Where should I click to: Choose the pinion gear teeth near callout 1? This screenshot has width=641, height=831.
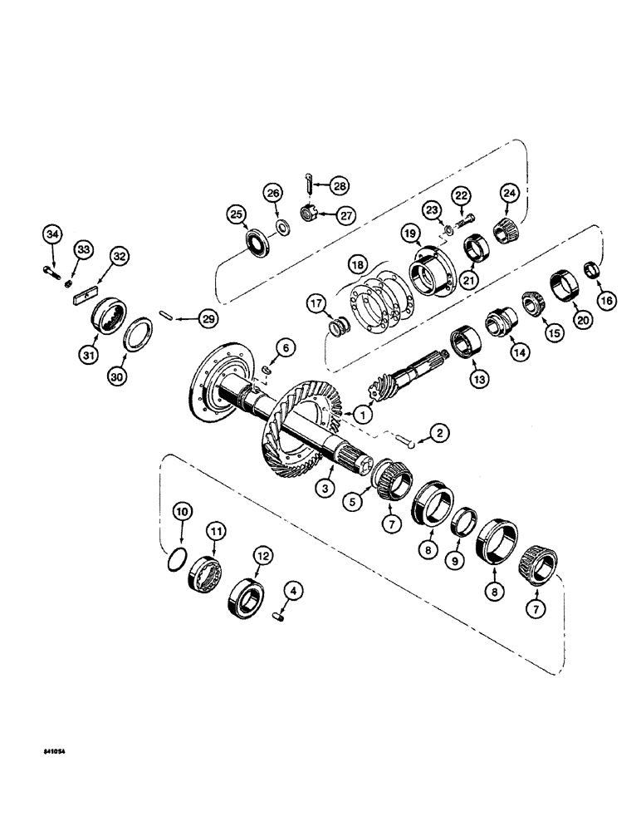click(x=379, y=389)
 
